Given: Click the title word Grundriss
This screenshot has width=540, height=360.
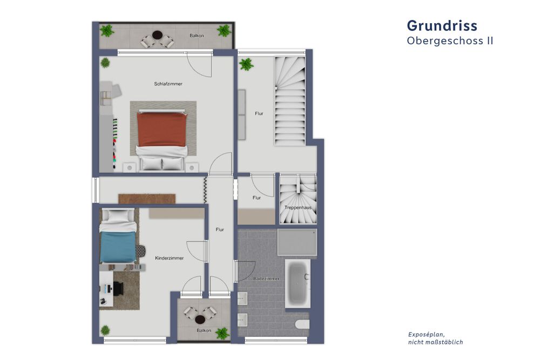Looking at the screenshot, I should pyautogui.click(x=441, y=25).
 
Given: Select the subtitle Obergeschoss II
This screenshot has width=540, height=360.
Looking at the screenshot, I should pyautogui.click(x=449, y=40).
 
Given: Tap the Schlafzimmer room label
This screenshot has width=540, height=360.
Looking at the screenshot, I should pyautogui.click(x=168, y=84).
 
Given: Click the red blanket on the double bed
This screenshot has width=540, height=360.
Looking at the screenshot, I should pyautogui.click(x=162, y=130).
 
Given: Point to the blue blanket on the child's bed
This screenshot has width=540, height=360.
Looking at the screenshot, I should pyautogui.click(x=117, y=248).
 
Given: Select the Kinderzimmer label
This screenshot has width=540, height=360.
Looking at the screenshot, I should pyautogui.click(x=169, y=258).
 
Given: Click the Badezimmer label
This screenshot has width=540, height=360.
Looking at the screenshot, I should pyautogui.click(x=266, y=279).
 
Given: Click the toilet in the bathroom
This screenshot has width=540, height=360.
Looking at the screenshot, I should pyautogui.click(x=302, y=324).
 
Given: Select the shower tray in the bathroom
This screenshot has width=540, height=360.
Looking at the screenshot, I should pyautogui.click(x=297, y=242).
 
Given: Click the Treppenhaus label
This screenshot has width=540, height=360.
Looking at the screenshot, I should pyautogui.click(x=298, y=207).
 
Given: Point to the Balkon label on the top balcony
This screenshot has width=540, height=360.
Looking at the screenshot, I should pyautogui.click(x=197, y=36).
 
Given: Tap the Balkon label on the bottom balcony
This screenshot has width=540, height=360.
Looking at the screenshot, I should pyautogui.click(x=204, y=330).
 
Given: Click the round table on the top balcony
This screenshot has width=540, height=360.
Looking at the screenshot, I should pyautogui.click(x=157, y=36).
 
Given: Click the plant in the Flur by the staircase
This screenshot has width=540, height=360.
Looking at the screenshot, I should pyautogui.click(x=246, y=65).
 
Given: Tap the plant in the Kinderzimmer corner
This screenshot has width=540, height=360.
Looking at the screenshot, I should pyautogui.click(x=106, y=330).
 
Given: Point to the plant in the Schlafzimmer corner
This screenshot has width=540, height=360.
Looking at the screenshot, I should pyautogui.click(x=105, y=63).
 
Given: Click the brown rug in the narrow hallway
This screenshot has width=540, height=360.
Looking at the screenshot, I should pyautogui.click(x=148, y=199).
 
